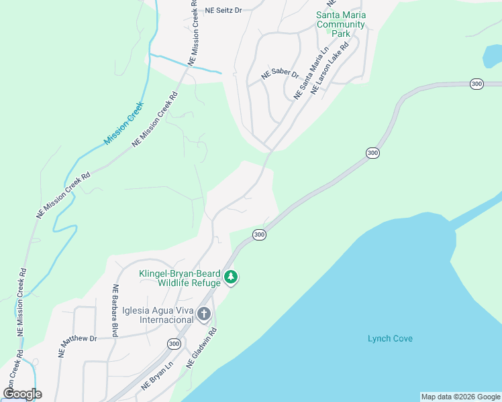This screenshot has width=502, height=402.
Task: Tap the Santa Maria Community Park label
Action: (x=340, y=25)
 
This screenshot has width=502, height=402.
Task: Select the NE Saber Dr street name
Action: (x=280, y=75)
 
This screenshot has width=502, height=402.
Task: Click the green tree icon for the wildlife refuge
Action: (x=231, y=277)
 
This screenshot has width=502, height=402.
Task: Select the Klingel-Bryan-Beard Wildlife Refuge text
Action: (x=180, y=278)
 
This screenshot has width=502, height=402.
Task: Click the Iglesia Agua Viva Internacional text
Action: (x=157, y=315)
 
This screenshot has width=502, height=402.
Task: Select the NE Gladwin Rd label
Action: (x=201, y=346)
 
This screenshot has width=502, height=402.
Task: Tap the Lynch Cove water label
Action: (x=390, y=338)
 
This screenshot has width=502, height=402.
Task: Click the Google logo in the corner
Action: (x=22, y=393)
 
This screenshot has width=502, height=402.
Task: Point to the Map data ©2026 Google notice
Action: (x=460, y=397)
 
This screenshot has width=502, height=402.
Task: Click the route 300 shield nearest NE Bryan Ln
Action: (x=174, y=344)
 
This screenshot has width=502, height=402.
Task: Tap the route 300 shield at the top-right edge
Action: (x=476, y=84)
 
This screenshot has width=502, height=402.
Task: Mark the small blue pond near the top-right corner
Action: (x=492, y=57)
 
